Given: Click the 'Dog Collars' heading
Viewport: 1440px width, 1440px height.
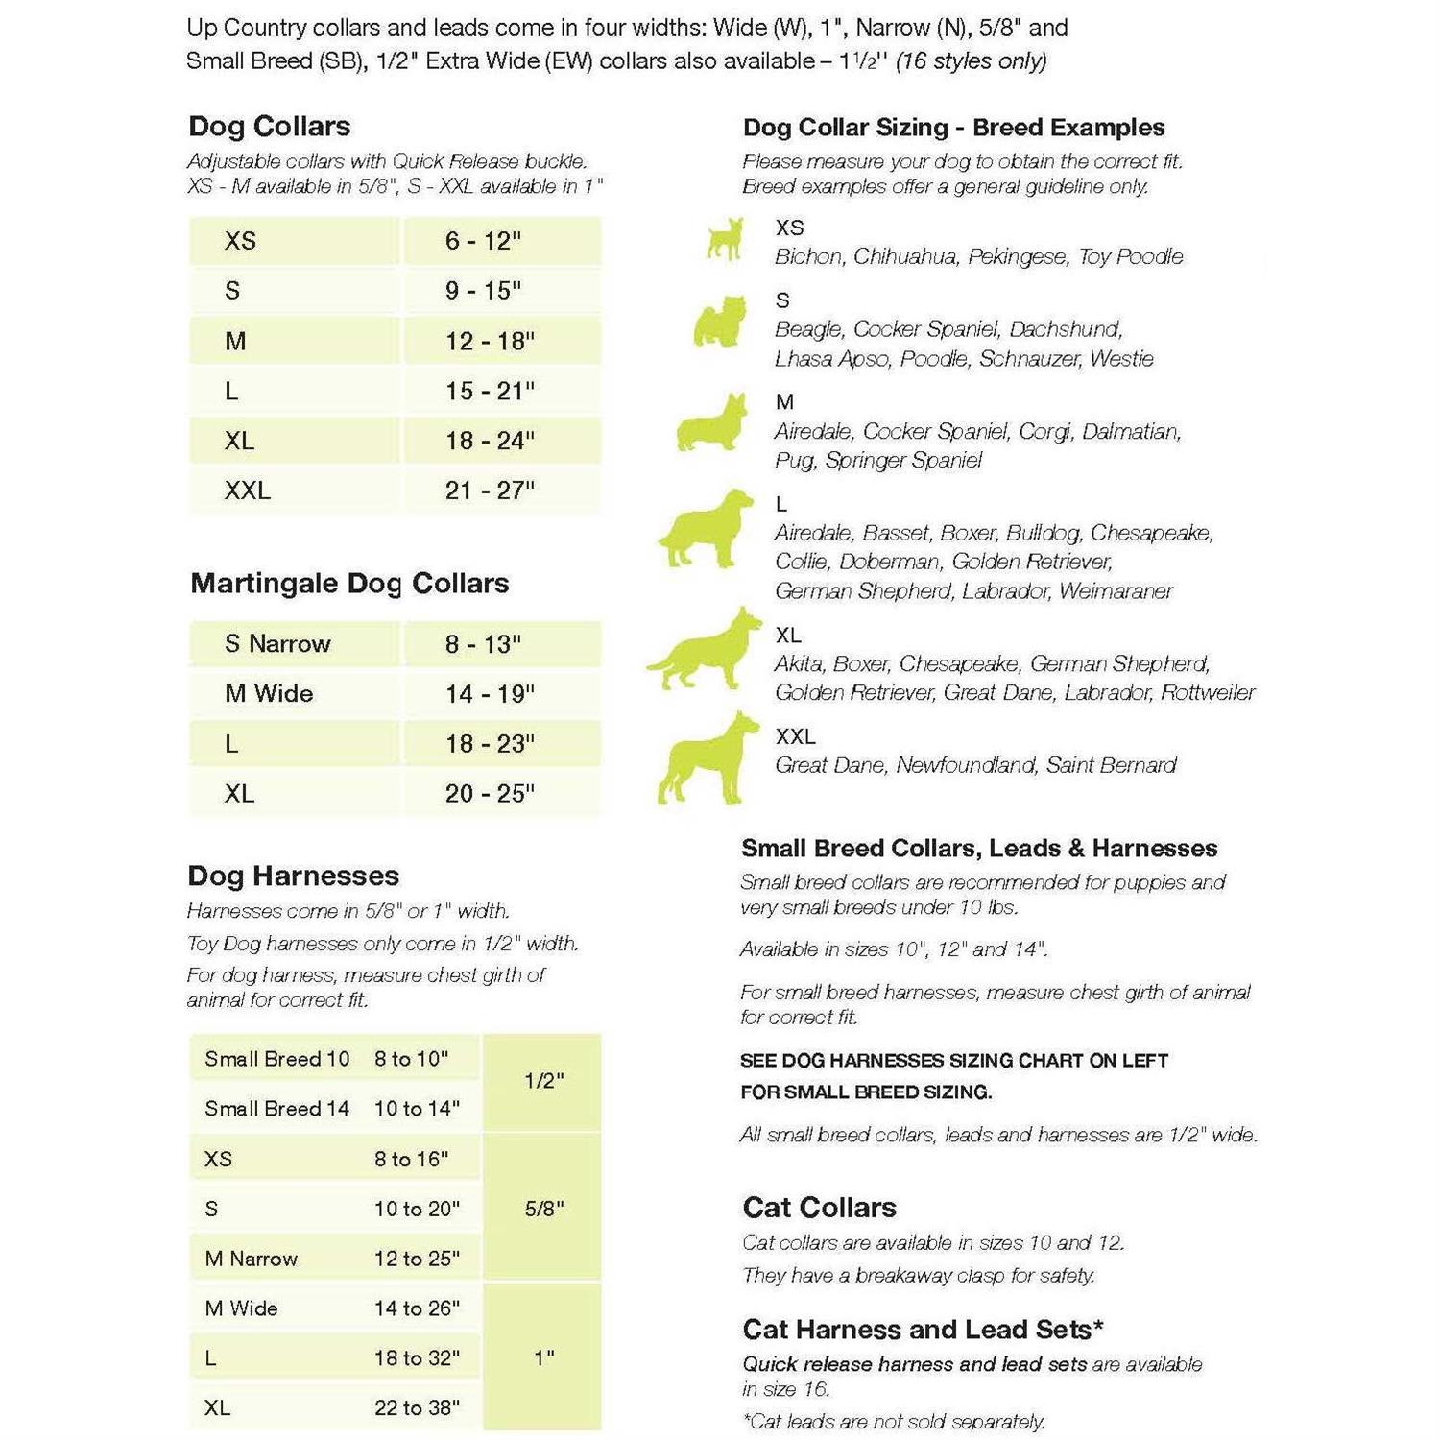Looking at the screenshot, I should pos(269,126).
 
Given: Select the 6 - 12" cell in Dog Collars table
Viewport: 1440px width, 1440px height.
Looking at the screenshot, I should pos(483,240).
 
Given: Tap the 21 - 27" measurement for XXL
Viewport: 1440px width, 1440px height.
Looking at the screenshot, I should pos(490,491).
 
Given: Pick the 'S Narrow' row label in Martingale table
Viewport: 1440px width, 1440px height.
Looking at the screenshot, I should pos(277,643).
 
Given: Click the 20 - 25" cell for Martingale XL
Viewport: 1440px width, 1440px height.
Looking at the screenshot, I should pos(490,793).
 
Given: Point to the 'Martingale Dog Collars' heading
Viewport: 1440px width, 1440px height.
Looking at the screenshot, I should pos(349,583).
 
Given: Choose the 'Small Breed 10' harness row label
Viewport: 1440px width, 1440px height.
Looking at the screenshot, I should pos(276,1059).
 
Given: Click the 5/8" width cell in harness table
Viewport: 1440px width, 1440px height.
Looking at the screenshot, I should pos(543,1208).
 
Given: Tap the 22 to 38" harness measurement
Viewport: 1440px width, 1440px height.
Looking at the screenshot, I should pos(417,1407).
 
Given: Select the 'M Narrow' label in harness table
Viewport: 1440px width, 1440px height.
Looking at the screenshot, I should pos(251,1259).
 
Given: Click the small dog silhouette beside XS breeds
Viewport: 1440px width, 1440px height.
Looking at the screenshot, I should pos(724,239).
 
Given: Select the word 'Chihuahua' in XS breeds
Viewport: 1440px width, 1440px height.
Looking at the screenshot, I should pos(904,256).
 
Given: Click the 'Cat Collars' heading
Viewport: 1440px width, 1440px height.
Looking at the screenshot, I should pos(819,1207).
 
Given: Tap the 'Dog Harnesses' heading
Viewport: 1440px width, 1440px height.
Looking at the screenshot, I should pos(293,875).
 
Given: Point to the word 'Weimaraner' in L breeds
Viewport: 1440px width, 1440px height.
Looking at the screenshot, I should pos(1116,590).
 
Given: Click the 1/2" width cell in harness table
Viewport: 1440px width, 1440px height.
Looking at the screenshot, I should pos(543,1081).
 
